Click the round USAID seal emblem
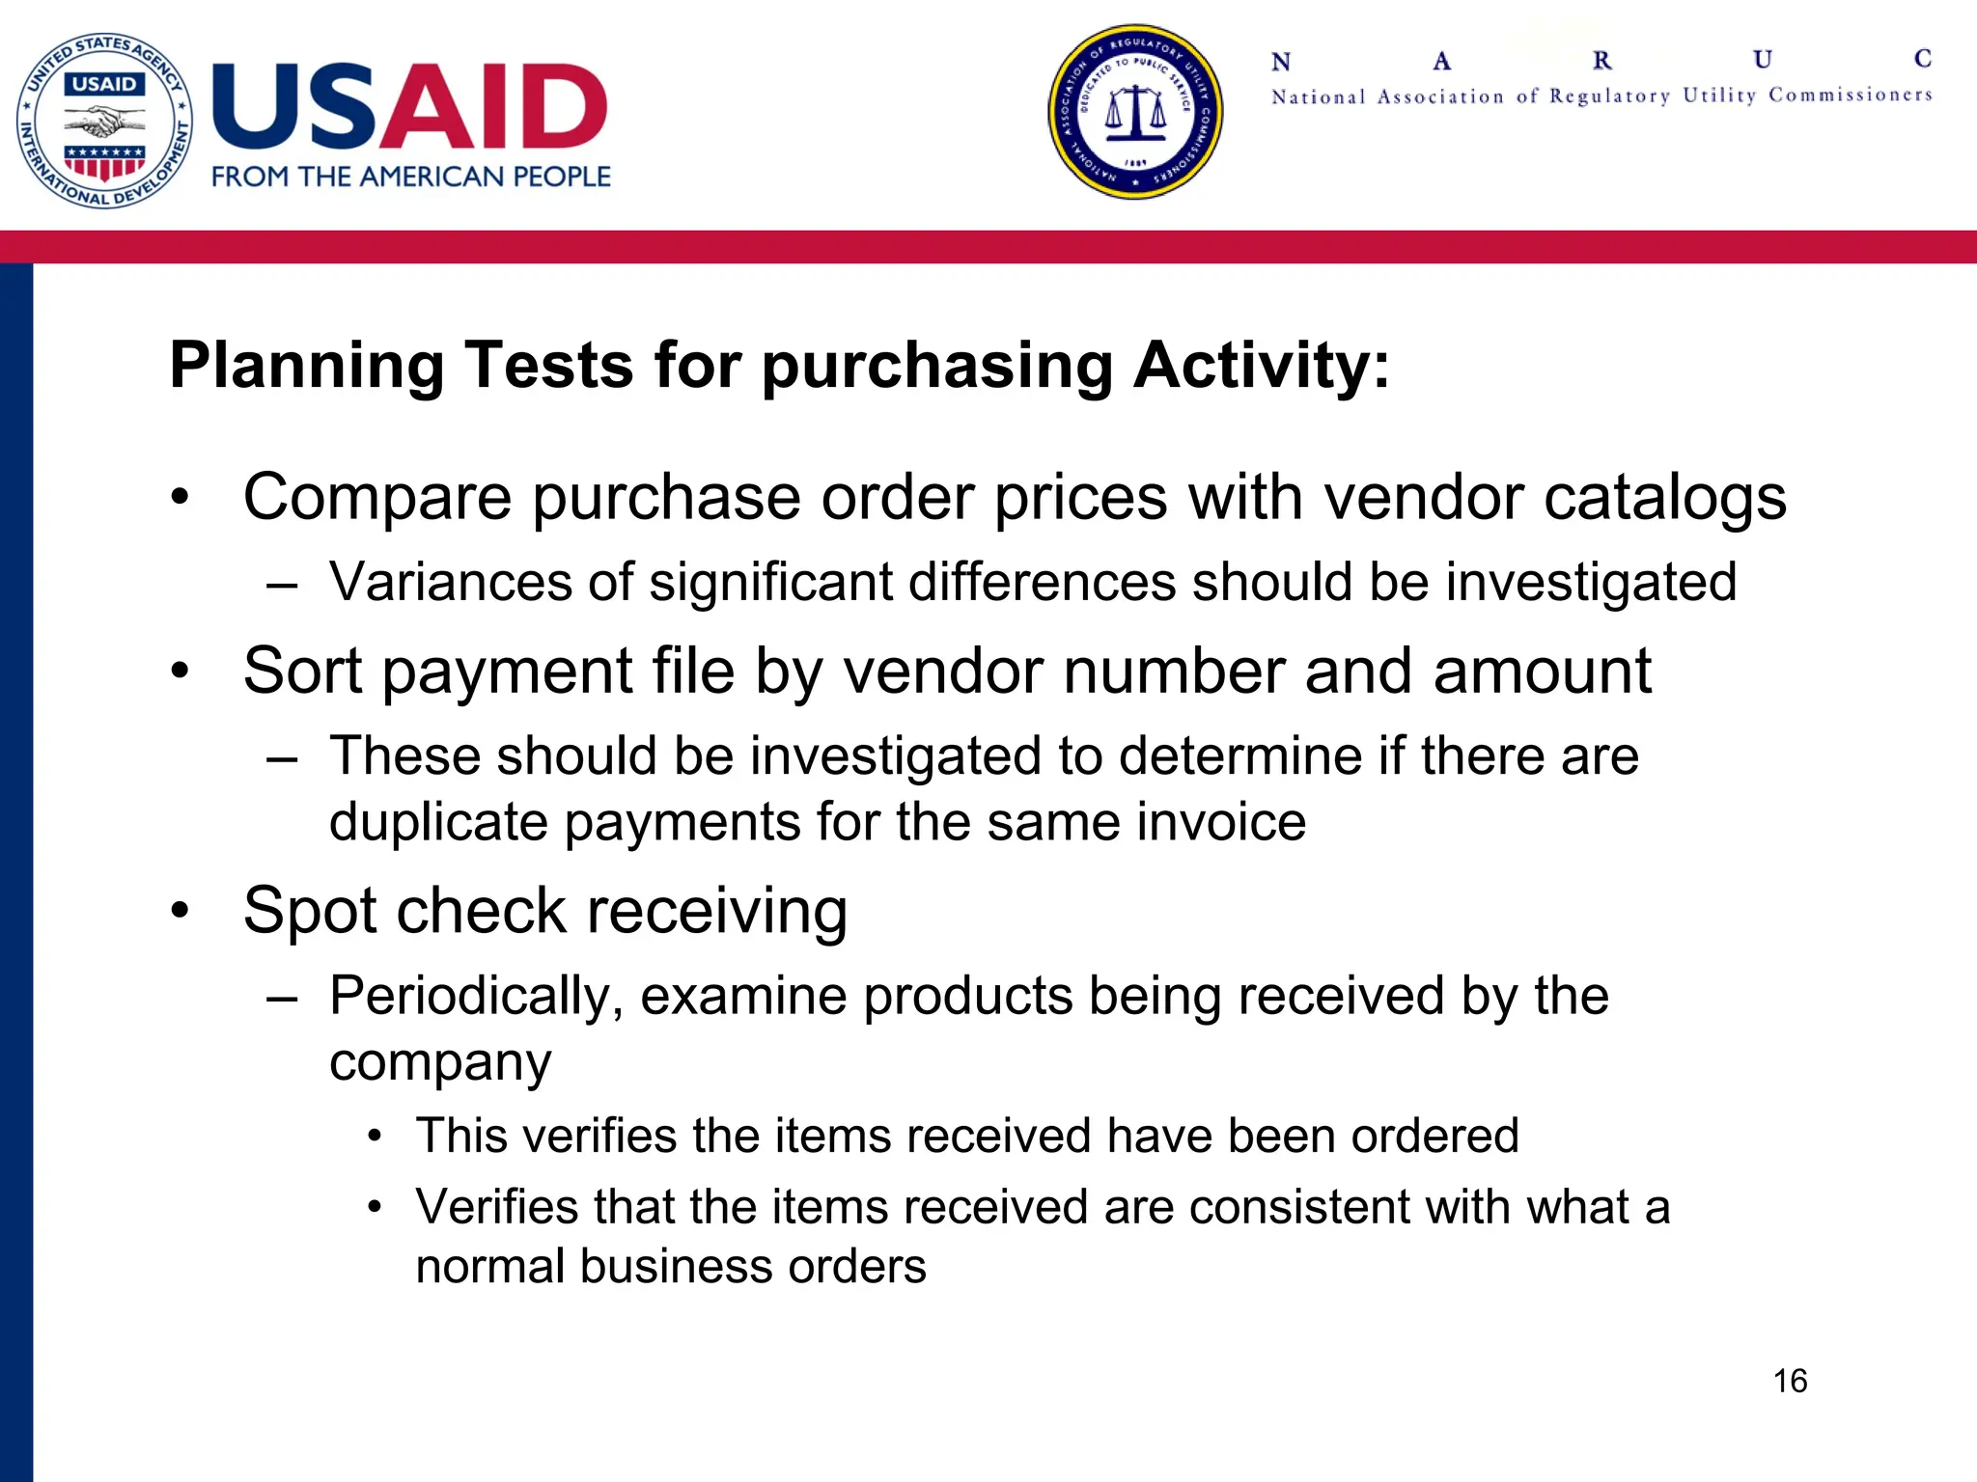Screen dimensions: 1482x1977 click(x=104, y=120)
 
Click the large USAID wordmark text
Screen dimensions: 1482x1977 click(x=409, y=106)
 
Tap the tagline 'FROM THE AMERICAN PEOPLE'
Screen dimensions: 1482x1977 click(x=411, y=177)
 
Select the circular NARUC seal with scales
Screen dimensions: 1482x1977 click(x=1135, y=112)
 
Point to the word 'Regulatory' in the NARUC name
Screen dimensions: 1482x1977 click(x=1609, y=96)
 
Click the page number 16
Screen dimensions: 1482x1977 click(x=1790, y=1381)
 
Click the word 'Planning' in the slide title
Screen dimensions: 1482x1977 click(x=307, y=367)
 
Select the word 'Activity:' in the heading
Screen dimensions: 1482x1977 click(x=1262, y=367)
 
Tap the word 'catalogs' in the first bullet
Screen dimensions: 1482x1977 click(x=1664, y=498)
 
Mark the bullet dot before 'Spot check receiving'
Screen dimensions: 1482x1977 click(x=180, y=910)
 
